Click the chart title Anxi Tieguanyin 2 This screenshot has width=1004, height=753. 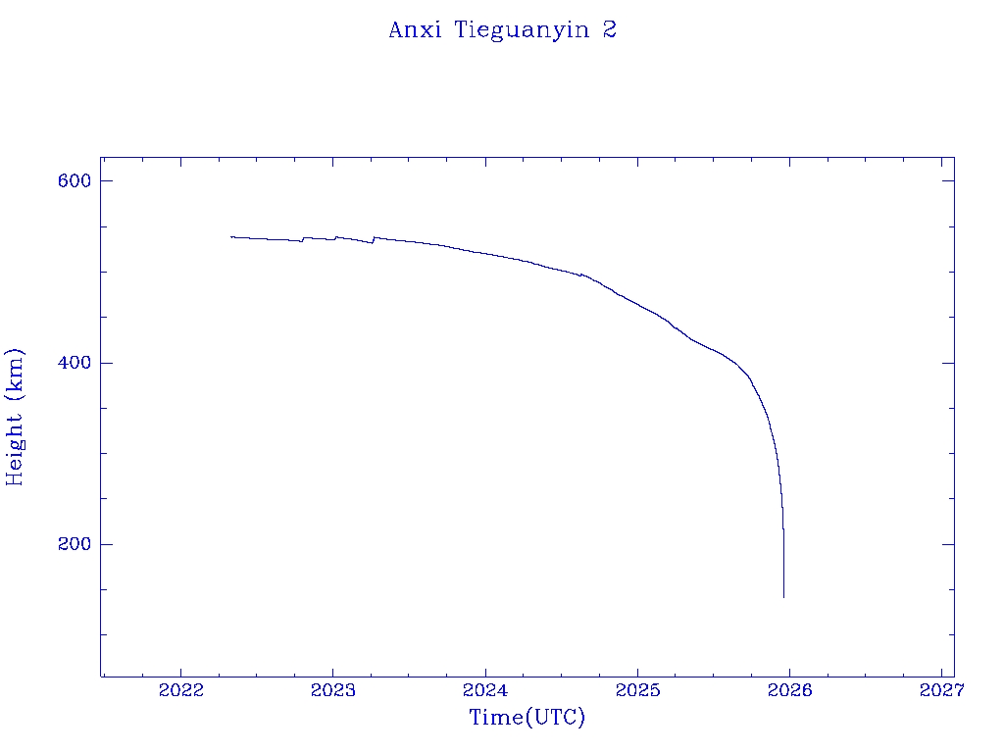point(502,29)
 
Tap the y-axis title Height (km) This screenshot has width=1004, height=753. point(15,416)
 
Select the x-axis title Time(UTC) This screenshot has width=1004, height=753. point(527,718)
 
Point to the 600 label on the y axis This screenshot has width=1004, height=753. point(75,181)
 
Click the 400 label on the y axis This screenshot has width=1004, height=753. point(75,363)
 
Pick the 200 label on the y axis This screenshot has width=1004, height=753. point(75,544)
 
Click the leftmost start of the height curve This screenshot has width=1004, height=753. point(231,236)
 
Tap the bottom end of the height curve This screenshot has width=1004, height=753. point(783,596)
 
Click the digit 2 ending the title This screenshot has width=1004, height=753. point(609,29)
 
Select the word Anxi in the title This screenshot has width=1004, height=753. point(410,29)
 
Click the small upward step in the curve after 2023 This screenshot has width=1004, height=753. point(374,238)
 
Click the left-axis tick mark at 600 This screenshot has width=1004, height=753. point(105,181)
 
